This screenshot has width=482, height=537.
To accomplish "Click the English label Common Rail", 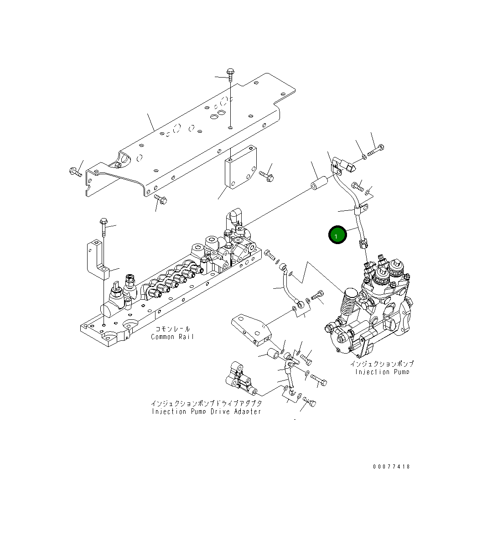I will coord(172,337).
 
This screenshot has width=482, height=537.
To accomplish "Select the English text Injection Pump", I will coord(382,372).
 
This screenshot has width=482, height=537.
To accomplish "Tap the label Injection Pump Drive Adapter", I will coord(206,412).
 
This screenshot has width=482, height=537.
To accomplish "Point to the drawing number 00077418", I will coord(391,466).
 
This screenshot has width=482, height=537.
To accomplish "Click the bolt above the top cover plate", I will coord(230,75).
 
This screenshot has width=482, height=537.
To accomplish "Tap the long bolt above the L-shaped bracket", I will coord(104,227).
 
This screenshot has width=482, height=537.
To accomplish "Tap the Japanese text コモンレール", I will coord(172,329).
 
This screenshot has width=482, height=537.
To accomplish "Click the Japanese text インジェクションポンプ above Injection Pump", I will coord(382,364).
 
